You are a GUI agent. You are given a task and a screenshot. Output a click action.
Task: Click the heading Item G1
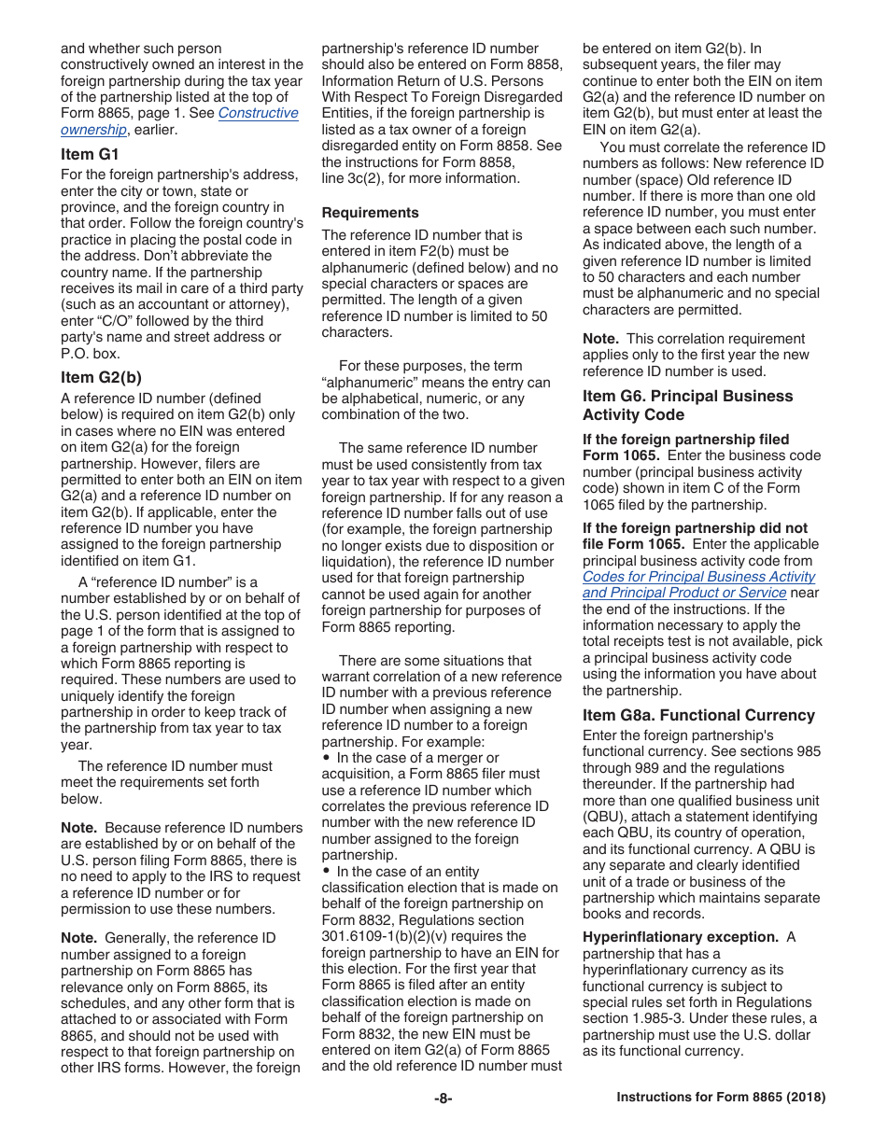pos(90,154)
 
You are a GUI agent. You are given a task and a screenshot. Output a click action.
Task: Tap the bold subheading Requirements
pos(370,213)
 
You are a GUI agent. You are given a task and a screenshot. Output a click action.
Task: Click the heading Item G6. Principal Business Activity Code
pos(687,405)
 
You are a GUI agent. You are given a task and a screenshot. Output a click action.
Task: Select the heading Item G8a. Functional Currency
pos(698,715)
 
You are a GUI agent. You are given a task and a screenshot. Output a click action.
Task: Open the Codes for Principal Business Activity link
pos(698,577)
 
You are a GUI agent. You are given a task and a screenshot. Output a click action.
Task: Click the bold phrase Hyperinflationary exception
pos(680,937)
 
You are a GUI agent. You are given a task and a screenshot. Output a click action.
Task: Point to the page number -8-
pos(443,1098)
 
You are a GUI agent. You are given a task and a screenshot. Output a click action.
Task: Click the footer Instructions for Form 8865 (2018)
pos(721,1098)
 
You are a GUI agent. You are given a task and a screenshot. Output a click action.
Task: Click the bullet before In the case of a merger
pos(328,758)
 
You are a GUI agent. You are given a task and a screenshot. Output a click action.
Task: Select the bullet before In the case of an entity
pos(328,871)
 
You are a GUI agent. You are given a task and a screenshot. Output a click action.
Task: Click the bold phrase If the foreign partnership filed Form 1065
pos(685,447)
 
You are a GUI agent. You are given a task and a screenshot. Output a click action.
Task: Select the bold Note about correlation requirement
pos(600,339)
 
